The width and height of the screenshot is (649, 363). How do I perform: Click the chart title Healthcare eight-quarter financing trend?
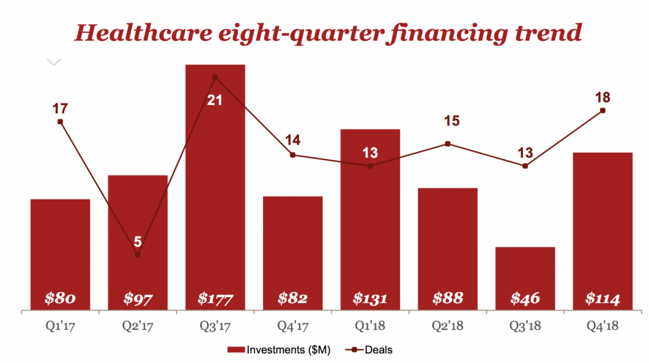[328, 31]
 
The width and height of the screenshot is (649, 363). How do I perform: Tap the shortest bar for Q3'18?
[525, 272]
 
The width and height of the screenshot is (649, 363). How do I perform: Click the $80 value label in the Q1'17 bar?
[60, 298]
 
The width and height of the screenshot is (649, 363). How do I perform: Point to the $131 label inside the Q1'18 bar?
[369, 298]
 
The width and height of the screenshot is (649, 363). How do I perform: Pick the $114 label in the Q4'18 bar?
[602, 298]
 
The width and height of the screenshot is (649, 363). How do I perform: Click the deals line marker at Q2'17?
[138, 255]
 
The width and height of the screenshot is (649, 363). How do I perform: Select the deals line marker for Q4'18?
[602, 110]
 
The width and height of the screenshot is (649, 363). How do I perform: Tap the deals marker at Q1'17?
[60, 122]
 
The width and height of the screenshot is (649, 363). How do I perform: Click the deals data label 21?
[215, 99]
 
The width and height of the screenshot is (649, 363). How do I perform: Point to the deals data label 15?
[447, 121]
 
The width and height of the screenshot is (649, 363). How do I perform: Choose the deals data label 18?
[602, 98]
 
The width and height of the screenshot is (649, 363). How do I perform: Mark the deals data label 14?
[292, 140]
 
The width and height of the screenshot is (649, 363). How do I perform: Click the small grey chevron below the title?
[55, 61]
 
